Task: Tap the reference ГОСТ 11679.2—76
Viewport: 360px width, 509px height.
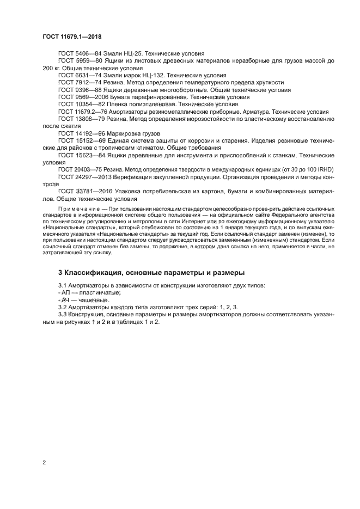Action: [81, 111]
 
